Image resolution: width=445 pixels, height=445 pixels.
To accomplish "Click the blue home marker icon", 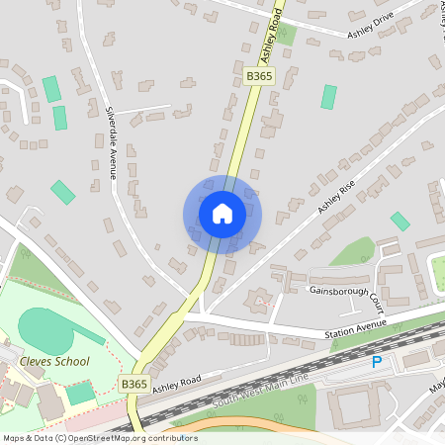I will (x=222, y=213).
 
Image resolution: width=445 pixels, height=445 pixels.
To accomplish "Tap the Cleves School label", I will (x=55, y=362).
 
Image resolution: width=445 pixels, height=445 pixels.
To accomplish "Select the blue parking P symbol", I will (x=376, y=363).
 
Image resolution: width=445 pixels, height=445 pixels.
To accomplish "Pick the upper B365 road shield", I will (x=258, y=75).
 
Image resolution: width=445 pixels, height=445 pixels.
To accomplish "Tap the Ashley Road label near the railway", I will (x=177, y=385).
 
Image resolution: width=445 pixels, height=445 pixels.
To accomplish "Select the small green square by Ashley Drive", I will (x=287, y=36).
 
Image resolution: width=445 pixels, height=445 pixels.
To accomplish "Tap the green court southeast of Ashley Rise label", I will (x=400, y=222).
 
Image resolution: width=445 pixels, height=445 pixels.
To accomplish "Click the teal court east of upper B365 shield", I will (x=328, y=97).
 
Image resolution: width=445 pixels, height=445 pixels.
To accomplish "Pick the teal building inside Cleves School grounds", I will (x=81, y=393).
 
